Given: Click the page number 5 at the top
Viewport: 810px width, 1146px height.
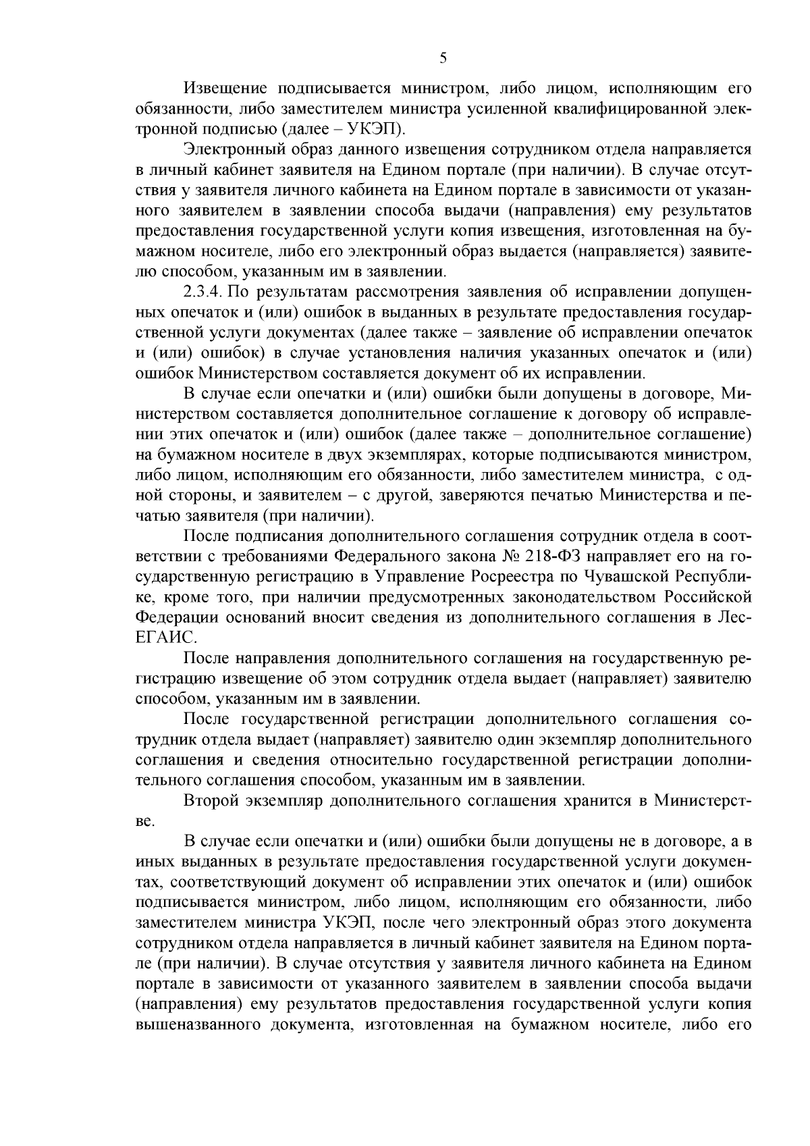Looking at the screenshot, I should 443,59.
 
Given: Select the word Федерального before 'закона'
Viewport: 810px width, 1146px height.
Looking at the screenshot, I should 386,557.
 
